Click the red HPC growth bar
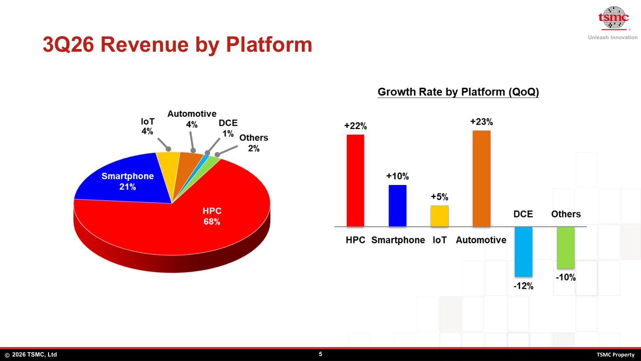355,180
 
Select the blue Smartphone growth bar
398,206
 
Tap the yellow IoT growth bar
439,216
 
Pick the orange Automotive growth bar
482,178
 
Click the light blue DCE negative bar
523,251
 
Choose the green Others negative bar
566,247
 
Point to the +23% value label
482,122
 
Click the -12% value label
523,286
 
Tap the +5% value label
439,197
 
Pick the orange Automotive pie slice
186,169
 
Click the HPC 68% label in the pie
212,216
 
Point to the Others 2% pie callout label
254,143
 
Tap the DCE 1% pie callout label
228,128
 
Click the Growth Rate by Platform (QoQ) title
458,92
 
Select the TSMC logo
613,18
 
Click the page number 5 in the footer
320,354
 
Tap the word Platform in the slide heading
269,45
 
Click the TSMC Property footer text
616,355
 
